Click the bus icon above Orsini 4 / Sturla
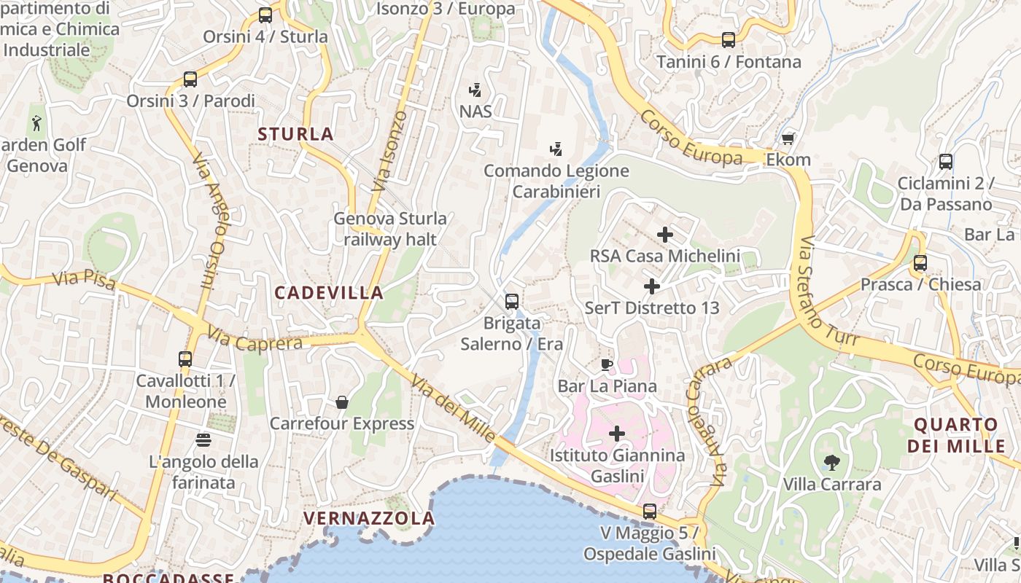coord(265,15)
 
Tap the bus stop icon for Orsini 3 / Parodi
coord(190,79)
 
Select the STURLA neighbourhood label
coord(295,134)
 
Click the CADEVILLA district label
coord(329,293)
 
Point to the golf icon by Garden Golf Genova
coord(36,123)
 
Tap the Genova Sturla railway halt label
coord(390,229)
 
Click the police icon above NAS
coord(475,90)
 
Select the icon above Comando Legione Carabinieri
coord(556,149)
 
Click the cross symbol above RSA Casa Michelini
coord(664,235)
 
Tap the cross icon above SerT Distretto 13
coord(652,286)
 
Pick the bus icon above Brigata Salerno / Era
coord(512,301)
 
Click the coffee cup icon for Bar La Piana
coord(607,364)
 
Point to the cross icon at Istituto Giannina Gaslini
coord(617,434)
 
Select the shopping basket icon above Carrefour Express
coord(341,402)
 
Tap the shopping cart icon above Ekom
coord(788,138)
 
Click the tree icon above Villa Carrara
coord(831,462)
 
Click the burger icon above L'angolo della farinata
coord(203,440)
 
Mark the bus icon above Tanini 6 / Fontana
coord(728,40)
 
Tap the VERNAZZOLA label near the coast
coord(368,518)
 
